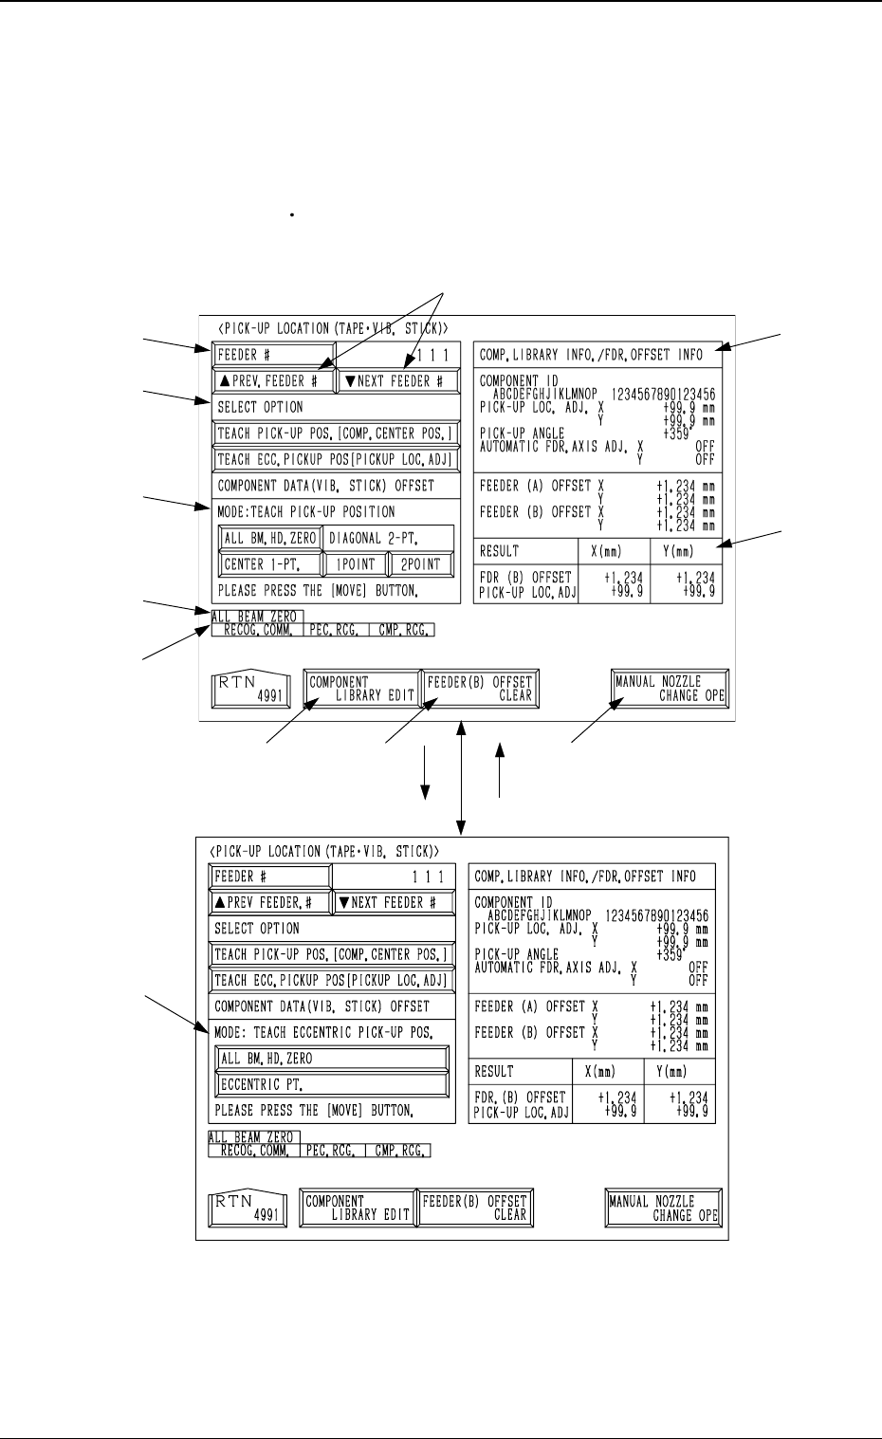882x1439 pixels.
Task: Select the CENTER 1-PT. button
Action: tap(269, 563)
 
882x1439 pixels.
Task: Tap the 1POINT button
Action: tap(355, 563)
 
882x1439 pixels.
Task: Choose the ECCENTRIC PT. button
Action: tap(332, 1084)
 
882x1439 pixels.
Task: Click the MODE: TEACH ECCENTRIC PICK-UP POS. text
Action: tap(323, 1032)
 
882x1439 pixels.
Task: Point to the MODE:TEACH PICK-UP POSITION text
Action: tap(306, 511)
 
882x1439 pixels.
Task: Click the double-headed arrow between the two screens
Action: tap(461, 775)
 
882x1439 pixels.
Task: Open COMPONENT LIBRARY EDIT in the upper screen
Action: tap(362, 689)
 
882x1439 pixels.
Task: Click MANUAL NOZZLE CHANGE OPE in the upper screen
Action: tap(670, 689)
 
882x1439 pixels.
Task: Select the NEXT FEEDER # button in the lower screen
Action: tap(393, 902)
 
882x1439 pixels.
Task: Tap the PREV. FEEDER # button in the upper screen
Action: tap(274, 381)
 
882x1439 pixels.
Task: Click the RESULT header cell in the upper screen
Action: tap(525, 550)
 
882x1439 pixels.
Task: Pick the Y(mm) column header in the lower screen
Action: tap(677, 1072)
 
